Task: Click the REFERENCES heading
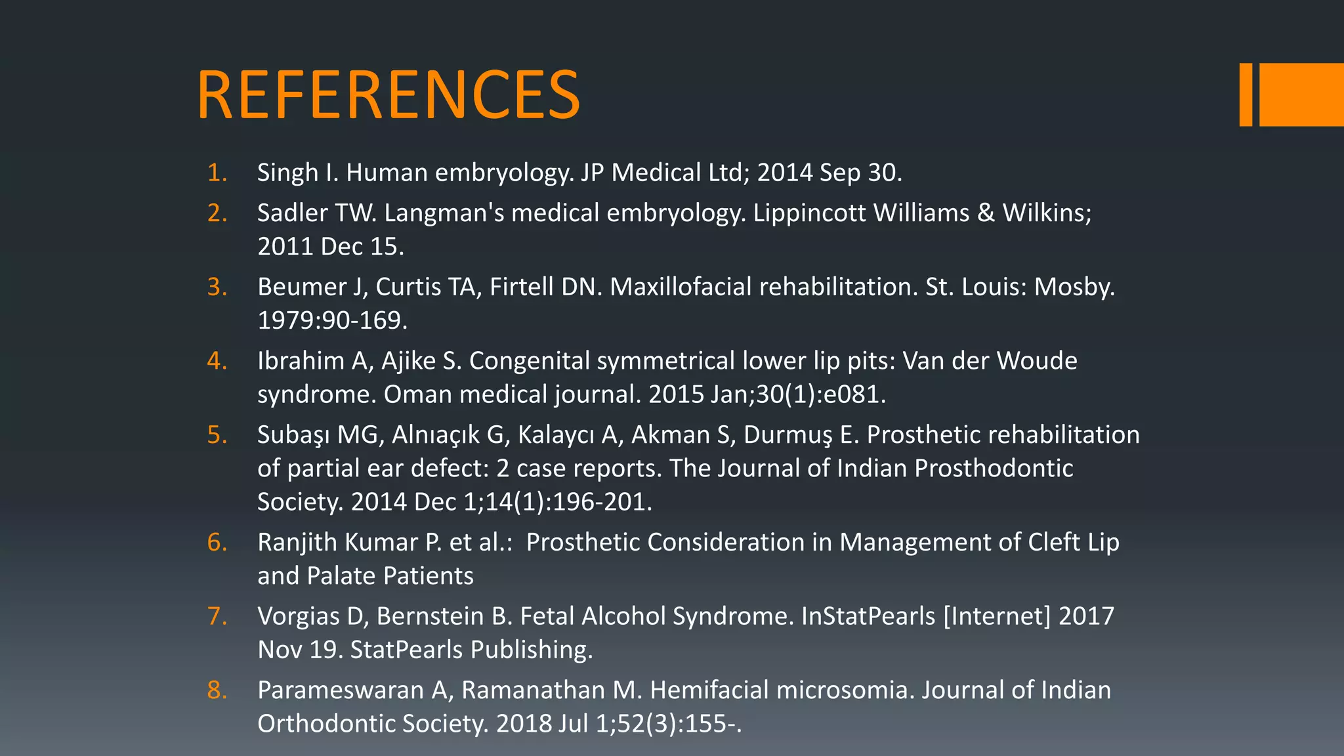pos(388,95)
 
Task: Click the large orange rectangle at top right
pos(1301,94)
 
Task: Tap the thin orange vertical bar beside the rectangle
pos(1245,94)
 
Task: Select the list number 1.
pos(217,173)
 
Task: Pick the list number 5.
pos(217,435)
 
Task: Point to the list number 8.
pos(217,690)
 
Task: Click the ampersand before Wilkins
pos(986,213)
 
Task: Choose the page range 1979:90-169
pos(332,320)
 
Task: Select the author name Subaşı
pos(293,435)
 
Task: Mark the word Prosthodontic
pos(994,469)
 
